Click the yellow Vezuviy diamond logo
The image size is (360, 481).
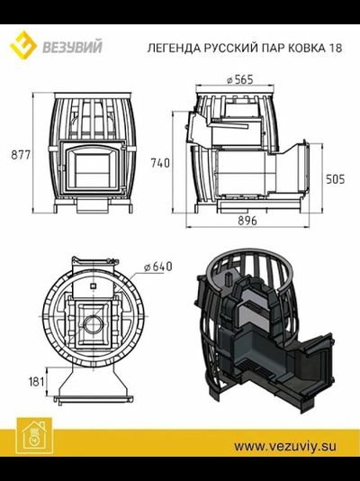(x=23, y=45)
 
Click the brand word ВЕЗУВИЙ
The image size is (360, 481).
(x=72, y=48)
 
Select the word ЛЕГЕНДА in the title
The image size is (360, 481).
(x=174, y=48)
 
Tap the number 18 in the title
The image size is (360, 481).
(x=335, y=48)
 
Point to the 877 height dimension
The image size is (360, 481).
(x=21, y=155)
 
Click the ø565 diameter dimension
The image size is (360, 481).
(x=240, y=80)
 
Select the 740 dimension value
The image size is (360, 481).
(x=160, y=162)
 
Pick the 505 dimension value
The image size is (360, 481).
(x=335, y=179)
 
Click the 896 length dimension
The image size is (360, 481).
(x=247, y=221)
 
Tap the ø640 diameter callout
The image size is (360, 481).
(x=158, y=267)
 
